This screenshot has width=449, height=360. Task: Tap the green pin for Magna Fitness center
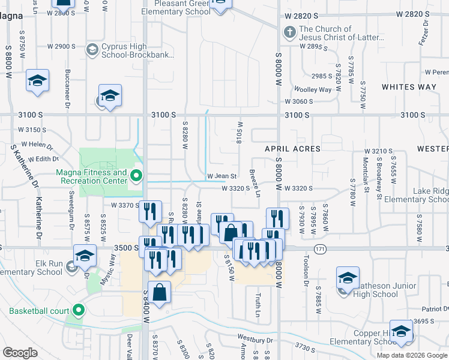136,176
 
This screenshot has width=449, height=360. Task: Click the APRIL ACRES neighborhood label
293,148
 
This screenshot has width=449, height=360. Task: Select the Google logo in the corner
20,353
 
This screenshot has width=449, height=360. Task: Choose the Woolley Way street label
317,89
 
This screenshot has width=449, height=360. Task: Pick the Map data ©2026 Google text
412,355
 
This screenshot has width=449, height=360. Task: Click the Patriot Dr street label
435,308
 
